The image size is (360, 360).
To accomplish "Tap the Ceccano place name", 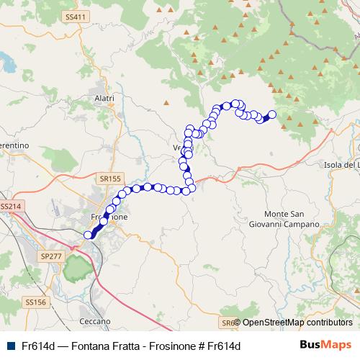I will click(96, 321).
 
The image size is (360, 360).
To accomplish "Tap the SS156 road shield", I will click(35, 302).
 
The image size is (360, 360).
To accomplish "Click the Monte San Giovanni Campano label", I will click(292, 219).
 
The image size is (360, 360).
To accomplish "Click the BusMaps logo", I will click(325, 345).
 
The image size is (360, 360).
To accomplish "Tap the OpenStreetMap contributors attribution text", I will click(297, 323).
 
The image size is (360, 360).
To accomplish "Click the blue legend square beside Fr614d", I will click(10, 346).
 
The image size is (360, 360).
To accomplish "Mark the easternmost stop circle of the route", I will click(272, 114).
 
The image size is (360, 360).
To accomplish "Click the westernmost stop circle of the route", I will click(89, 235).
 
